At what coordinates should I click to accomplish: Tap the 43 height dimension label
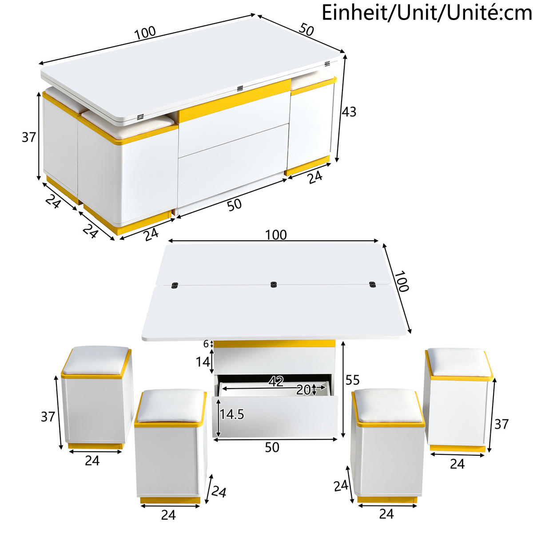tap(349, 112)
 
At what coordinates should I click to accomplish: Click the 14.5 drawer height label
tap(232, 414)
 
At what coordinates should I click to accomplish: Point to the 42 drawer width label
tap(276, 381)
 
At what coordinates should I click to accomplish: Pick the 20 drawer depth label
tap(304, 390)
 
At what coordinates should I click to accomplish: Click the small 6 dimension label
tap(206, 344)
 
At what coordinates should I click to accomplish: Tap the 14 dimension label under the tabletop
tap(203, 362)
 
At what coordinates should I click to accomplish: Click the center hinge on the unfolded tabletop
tap(273, 284)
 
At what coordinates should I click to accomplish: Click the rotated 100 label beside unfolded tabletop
tap(401, 281)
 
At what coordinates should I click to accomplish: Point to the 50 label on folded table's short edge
tap(306, 30)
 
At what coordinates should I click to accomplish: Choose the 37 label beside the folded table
tap(29, 138)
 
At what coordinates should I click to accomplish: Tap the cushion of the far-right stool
tap(459, 361)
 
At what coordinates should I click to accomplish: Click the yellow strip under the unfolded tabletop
tap(274, 344)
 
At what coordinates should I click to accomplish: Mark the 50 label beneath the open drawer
tap(272, 448)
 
